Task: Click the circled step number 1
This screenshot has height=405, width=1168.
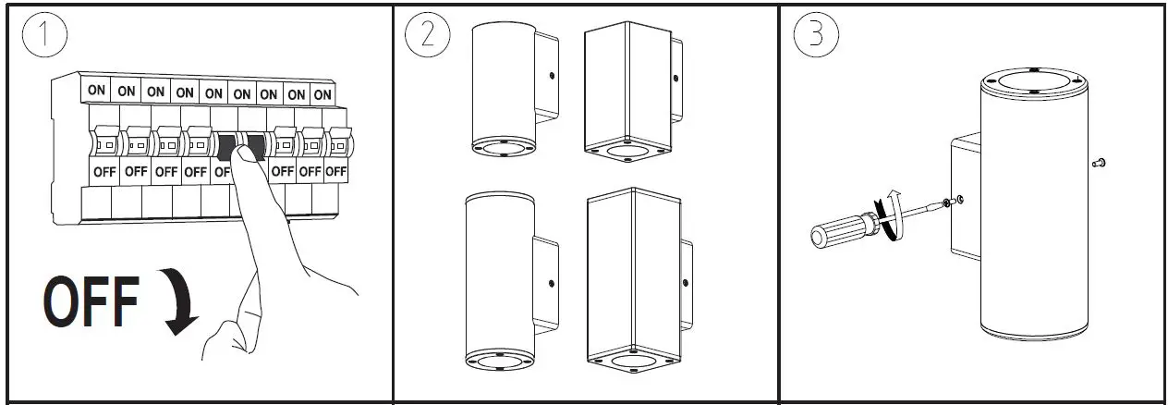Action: point(43,36)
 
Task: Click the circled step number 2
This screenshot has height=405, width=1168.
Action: point(427,35)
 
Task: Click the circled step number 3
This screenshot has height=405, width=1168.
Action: point(816,35)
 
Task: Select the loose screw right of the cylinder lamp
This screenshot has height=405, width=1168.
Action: point(1098,164)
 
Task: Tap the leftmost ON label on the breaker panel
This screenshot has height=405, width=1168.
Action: point(96,92)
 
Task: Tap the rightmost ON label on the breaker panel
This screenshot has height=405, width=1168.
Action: point(322,94)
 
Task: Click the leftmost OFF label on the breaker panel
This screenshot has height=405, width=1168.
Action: point(104,171)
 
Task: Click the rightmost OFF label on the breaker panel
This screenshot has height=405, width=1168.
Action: point(335,172)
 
